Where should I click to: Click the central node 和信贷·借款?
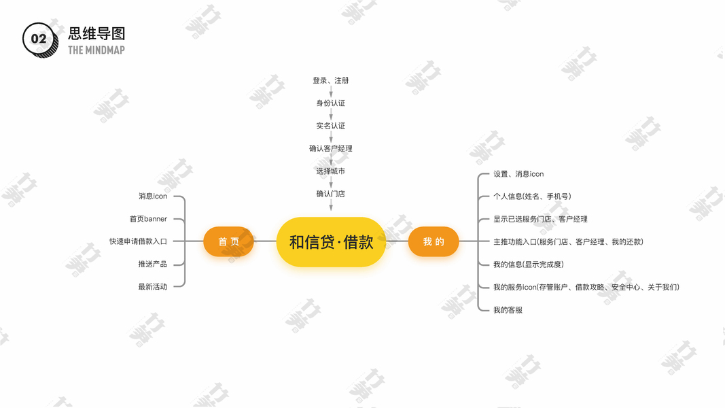point(331,241)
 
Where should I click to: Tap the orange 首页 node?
point(228,241)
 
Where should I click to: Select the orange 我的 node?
point(433,241)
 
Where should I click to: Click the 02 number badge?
point(39,39)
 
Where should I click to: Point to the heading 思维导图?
point(96,34)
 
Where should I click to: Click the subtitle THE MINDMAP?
point(96,50)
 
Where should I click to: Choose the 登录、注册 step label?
point(331,80)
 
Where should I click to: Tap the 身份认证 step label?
point(331,103)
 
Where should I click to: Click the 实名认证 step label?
point(331,126)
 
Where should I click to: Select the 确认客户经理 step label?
point(331,148)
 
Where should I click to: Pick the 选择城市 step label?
point(331,171)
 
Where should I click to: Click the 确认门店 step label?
point(331,194)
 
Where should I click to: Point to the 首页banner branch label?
point(148,219)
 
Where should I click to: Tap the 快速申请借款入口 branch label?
point(138,241)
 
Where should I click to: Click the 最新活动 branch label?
point(152,287)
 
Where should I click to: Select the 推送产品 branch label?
point(152,264)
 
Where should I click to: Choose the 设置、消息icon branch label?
point(518,174)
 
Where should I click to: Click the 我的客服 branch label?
point(508,310)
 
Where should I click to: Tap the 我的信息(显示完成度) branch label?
point(529,265)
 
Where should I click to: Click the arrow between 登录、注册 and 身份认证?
point(331,91)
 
